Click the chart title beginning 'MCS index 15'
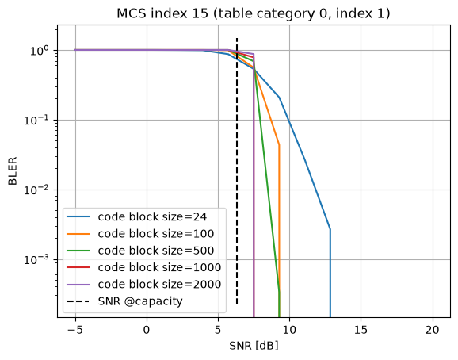click(x=254, y=13)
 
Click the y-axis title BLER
click(x=13, y=171)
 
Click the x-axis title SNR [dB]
click(x=254, y=346)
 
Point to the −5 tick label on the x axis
click(x=75, y=330)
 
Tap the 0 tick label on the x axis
click(x=147, y=330)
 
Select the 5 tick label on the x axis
click(x=218, y=330)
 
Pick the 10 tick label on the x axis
click(x=289, y=330)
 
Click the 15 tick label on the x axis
click(x=361, y=330)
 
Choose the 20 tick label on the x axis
click(x=433, y=330)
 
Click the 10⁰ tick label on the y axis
click(x=40, y=51)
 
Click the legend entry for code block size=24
click(x=137, y=216)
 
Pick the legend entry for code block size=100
click(x=140, y=234)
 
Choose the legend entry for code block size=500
click(x=140, y=251)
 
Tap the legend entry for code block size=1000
click(x=143, y=267)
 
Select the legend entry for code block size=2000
click(x=143, y=285)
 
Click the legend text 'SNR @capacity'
click(x=140, y=301)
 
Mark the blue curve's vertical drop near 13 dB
click(x=330, y=274)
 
